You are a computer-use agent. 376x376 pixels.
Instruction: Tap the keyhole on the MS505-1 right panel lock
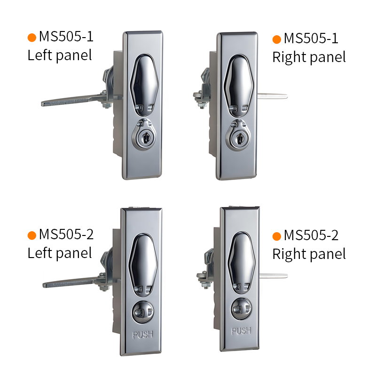pos(239,139)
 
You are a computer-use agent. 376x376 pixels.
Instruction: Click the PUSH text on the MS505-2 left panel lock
pos(143,335)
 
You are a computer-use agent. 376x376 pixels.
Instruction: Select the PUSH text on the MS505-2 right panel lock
pos(241,331)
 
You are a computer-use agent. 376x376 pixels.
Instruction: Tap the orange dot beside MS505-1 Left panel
pos(32,38)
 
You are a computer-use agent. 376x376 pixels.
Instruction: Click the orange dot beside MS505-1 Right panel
pos(277,39)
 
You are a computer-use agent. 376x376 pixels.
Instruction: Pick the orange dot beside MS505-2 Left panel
pos(32,235)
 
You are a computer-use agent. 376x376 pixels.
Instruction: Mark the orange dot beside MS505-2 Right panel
pos(277,236)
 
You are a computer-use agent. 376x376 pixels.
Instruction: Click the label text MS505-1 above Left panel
pos(66,37)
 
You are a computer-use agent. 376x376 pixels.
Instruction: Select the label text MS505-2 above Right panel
pos(311,235)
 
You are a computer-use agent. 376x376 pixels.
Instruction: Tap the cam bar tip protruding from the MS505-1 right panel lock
pos(273,96)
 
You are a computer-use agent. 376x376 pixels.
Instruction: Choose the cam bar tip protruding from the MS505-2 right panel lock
pos(274,276)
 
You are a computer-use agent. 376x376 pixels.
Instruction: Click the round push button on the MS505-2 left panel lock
pos(143,312)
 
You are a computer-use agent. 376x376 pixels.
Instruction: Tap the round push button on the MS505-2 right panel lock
pos(241,309)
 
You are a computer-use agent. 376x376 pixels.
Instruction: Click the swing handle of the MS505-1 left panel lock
pos(144,85)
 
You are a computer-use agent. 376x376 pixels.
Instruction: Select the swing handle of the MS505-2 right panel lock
pos(241,263)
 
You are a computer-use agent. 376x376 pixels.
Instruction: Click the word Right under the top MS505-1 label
pos(287,57)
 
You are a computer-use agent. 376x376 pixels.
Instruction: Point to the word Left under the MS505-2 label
pos(40,253)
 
